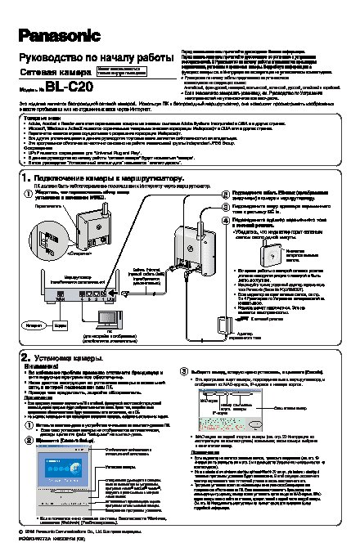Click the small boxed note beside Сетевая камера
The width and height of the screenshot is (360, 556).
point(122,71)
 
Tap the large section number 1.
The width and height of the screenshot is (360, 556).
point(26,177)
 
